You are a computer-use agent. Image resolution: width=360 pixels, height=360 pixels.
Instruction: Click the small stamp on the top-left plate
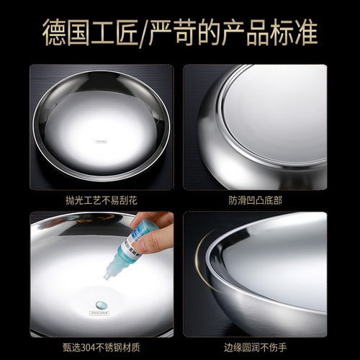coord(100,143)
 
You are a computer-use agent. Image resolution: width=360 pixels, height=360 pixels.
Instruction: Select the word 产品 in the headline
coord(247,33)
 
